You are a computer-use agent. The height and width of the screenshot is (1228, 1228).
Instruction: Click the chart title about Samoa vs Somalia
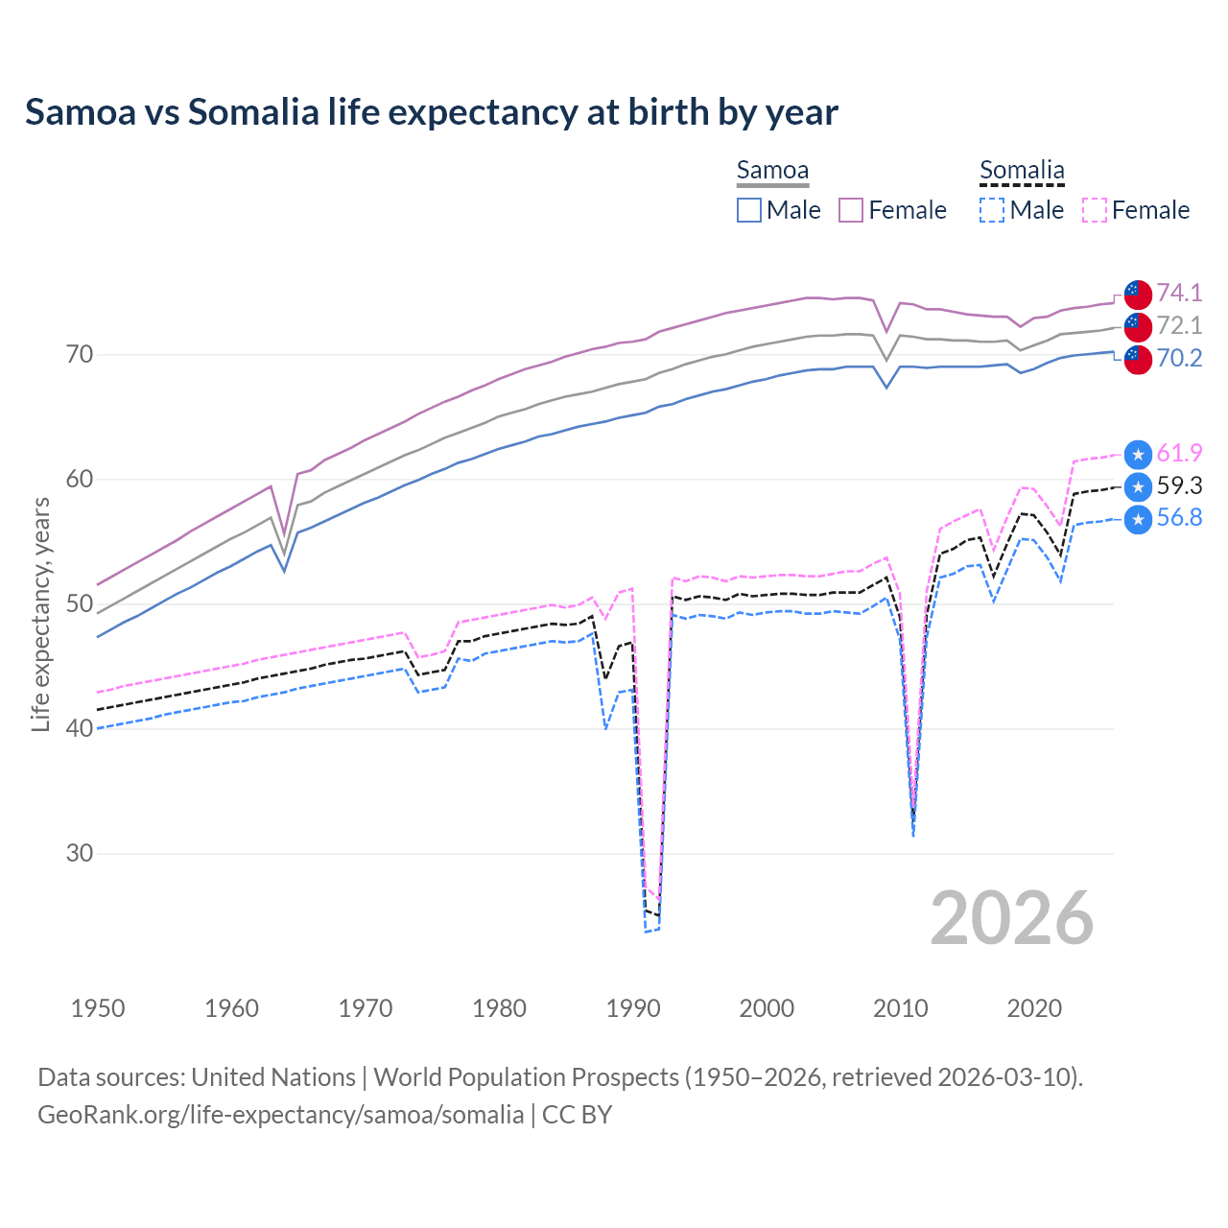point(431,112)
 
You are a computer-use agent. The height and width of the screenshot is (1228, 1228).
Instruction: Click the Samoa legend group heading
point(772,170)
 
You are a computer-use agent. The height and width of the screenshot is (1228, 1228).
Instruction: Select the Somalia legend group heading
point(1022,170)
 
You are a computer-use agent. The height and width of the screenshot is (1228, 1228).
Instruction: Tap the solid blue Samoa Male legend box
point(749,210)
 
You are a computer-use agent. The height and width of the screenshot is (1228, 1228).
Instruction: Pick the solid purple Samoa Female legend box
point(851,210)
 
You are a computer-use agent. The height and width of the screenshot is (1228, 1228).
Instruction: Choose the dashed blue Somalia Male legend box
point(992,210)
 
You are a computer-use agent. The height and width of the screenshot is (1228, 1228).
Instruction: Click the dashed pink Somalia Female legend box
point(1095,210)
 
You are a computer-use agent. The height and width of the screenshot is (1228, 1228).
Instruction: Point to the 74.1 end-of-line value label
point(1179,293)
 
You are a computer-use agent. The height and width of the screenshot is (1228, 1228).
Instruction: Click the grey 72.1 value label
point(1179,325)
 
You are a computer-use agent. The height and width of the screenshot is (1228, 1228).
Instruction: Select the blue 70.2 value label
point(1179,358)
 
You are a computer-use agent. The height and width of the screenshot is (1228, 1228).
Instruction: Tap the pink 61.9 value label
point(1179,453)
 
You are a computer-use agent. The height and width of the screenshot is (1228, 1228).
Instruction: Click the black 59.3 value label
point(1179,485)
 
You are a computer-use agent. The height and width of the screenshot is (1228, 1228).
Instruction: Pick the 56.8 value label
point(1179,518)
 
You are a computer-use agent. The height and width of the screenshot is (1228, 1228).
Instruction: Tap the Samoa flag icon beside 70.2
point(1138,360)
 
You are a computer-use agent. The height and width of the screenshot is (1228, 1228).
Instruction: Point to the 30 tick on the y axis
point(80,853)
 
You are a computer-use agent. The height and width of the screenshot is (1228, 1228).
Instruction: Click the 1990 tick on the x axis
point(633,1008)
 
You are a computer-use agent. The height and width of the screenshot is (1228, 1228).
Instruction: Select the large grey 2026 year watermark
point(1011,918)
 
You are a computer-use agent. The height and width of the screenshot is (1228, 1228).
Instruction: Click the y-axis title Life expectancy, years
point(40,614)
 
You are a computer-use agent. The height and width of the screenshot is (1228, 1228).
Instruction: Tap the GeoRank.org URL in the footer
point(280,1114)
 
